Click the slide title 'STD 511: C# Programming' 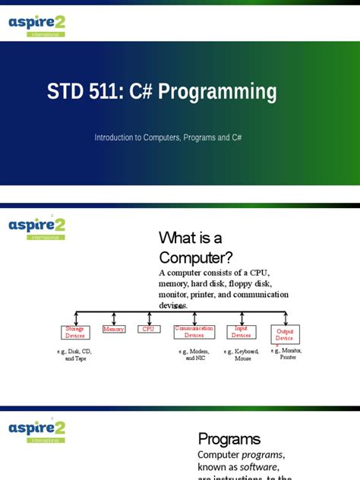[x=162, y=93]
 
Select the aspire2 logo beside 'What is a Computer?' [x=36, y=226]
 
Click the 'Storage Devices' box [x=75, y=331]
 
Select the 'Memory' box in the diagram [x=114, y=329]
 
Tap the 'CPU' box [x=149, y=329]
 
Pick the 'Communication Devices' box [x=194, y=331]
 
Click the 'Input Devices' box [x=241, y=331]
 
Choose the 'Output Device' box [x=285, y=334]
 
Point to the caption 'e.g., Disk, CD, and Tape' [x=75, y=355]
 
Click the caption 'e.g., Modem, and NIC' [x=194, y=355]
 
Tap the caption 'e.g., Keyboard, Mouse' [x=242, y=355]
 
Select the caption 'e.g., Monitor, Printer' [x=286, y=353]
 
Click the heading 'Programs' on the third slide [x=229, y=438]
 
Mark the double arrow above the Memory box [x=114, y=318]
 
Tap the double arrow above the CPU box [x=149, y=318]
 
